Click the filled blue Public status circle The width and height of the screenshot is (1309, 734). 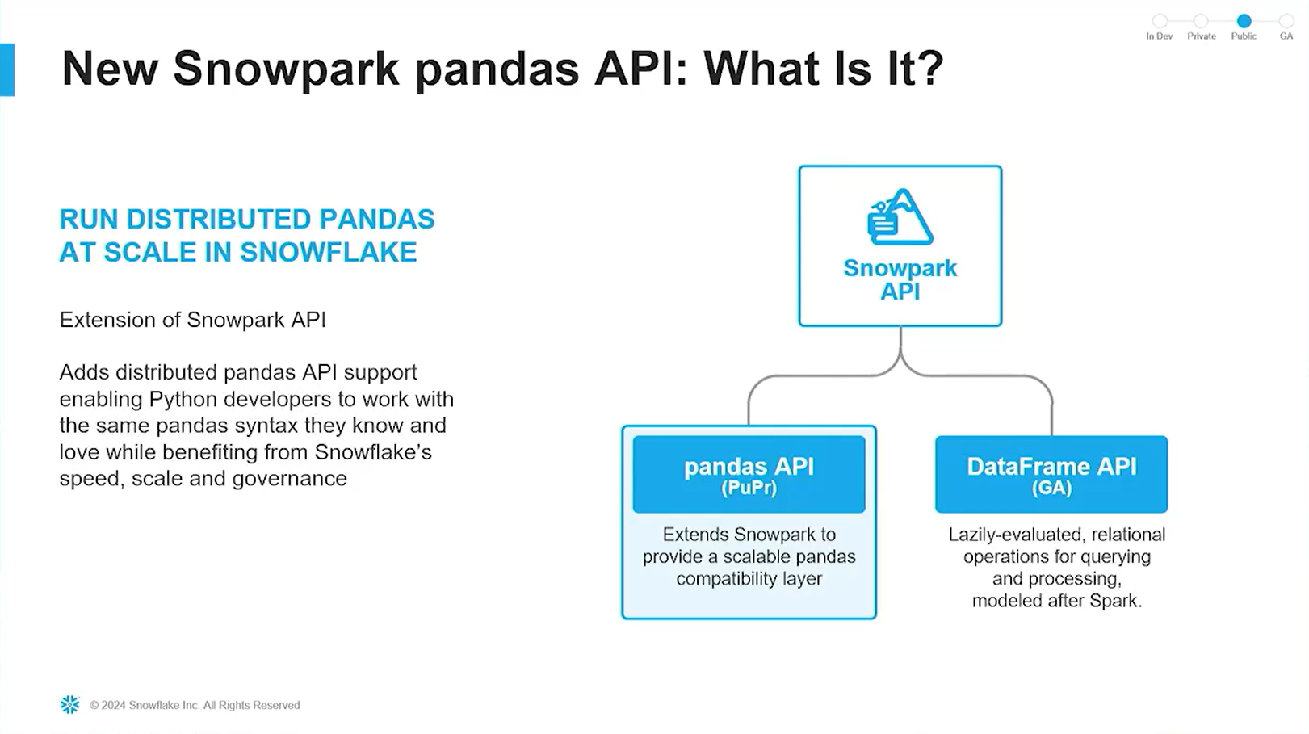[1244, 21]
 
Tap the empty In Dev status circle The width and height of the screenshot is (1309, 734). [1160, 21]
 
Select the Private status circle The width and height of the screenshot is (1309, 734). [1201, 21]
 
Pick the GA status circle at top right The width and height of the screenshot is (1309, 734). [1286, 21]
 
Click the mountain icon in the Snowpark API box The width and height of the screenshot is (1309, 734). [900, 216]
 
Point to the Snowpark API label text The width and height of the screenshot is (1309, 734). [900, 279]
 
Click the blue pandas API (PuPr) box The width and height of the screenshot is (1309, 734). [749, 474]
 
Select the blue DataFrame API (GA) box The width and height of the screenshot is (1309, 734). [1051, 474]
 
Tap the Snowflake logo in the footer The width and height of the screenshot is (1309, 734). [70, 705]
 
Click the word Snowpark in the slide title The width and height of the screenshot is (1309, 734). [286, 69]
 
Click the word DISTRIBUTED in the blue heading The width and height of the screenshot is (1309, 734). [219, 219]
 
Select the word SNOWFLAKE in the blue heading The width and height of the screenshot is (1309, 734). [329, 253]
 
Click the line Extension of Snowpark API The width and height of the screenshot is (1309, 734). [193, 320]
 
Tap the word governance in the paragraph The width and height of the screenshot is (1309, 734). [290, 479]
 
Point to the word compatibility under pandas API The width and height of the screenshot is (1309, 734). [723, 579]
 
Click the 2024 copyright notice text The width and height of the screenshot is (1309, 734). [195, 706]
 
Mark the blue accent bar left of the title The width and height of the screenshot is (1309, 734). [7, 69]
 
